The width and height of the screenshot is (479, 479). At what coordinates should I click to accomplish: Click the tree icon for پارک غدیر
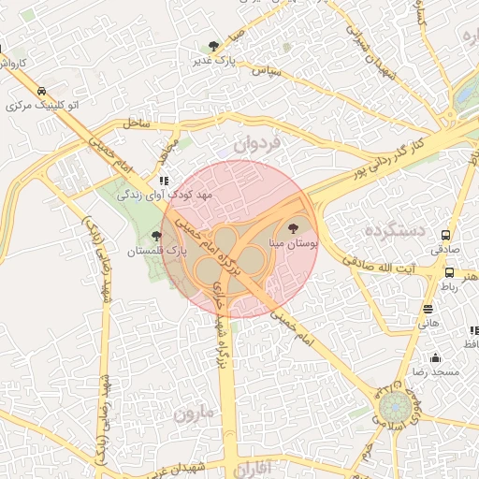(x=215, y=45)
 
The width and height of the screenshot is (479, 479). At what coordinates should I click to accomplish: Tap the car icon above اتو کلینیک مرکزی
(x=42, y=91)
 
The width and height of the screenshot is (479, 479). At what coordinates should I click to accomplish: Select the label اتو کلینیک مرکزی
(x=43, y=105)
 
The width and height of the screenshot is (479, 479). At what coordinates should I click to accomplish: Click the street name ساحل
(x=137, y=123)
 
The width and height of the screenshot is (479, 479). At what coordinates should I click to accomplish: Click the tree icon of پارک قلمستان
(x=156, y=237)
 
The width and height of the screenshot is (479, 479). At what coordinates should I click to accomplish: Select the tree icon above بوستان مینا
(x=294, y=227)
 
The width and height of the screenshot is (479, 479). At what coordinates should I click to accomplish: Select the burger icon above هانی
(x=428, y=309)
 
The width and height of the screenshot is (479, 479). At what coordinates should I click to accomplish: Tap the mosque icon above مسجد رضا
(x=435, y=357)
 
